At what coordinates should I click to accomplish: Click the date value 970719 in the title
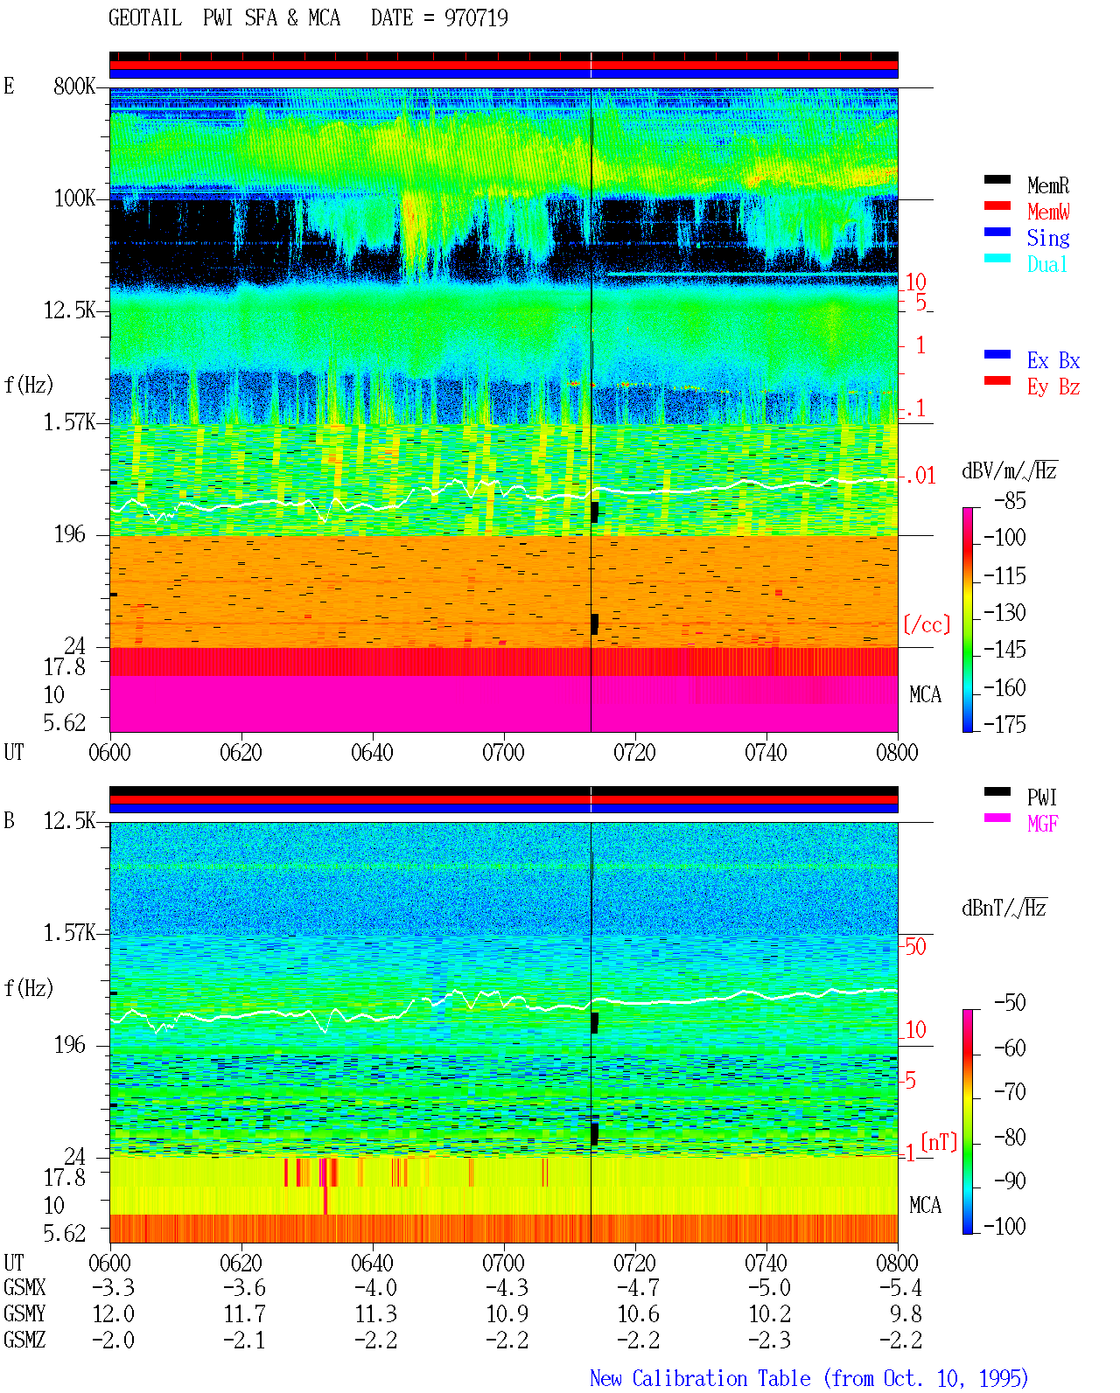[x=475, y=18]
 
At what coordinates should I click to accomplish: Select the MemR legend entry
[x=1047, y=185]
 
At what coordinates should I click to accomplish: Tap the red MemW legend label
[x=1047, y=212]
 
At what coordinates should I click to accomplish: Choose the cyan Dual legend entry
[x=1046, y=264]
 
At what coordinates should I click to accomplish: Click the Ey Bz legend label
[x=1053, y=387]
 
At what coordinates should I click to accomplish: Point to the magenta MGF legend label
[x=1042, y=824]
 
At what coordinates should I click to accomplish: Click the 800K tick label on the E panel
[x=73, y=86]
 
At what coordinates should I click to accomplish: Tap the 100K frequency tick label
[x=73, y=199]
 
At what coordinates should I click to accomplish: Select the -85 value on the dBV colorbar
[x=1009, y=501]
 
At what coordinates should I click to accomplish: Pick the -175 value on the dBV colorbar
[x=1004, y=724]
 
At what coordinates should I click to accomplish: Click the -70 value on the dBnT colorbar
[x=1009, y=1092]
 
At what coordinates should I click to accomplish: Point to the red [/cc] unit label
[x=927, y=624]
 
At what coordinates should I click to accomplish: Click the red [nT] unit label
[x=939, y=1142]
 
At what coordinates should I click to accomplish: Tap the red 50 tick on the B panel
[x=915, y=947]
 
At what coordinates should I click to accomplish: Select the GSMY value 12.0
[x=114, y=1314]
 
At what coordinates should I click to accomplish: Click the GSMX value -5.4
[x=900, y=1288]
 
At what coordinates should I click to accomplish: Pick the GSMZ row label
[x=24, y=1340]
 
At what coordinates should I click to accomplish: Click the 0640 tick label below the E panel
[x=372, y=753]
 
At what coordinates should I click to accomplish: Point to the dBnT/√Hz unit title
[x=1004, y=908]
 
